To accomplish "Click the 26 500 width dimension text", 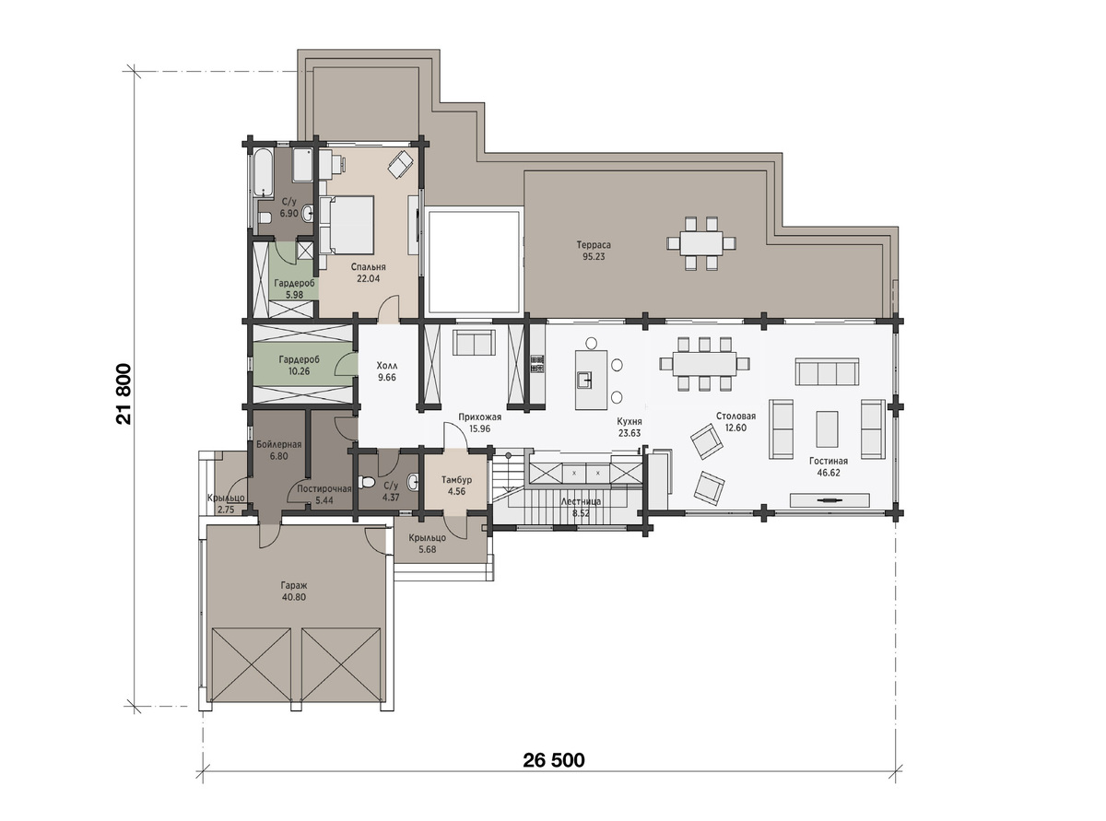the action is [554, 760].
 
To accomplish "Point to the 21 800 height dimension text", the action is [124, 393].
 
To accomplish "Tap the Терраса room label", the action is [594, 245].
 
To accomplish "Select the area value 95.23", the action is [594, 257].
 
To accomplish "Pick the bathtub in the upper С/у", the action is [263, 171].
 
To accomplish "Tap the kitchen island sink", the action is [585, 380].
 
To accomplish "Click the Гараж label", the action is [294, 585].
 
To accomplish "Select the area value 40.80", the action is [294, 597].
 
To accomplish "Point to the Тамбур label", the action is [456, 479].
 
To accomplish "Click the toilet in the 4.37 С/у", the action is [367, 482].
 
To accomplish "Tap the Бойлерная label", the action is [278, 444].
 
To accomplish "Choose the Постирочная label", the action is [324, 488].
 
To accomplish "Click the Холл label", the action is [387, 366].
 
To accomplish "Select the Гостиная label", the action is [829, 461].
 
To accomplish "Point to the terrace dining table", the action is [701, 243].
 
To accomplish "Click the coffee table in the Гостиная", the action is [827, 428].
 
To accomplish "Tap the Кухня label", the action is [629, 421].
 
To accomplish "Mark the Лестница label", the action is [581, 501].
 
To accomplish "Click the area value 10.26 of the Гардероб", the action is [299, 371].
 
